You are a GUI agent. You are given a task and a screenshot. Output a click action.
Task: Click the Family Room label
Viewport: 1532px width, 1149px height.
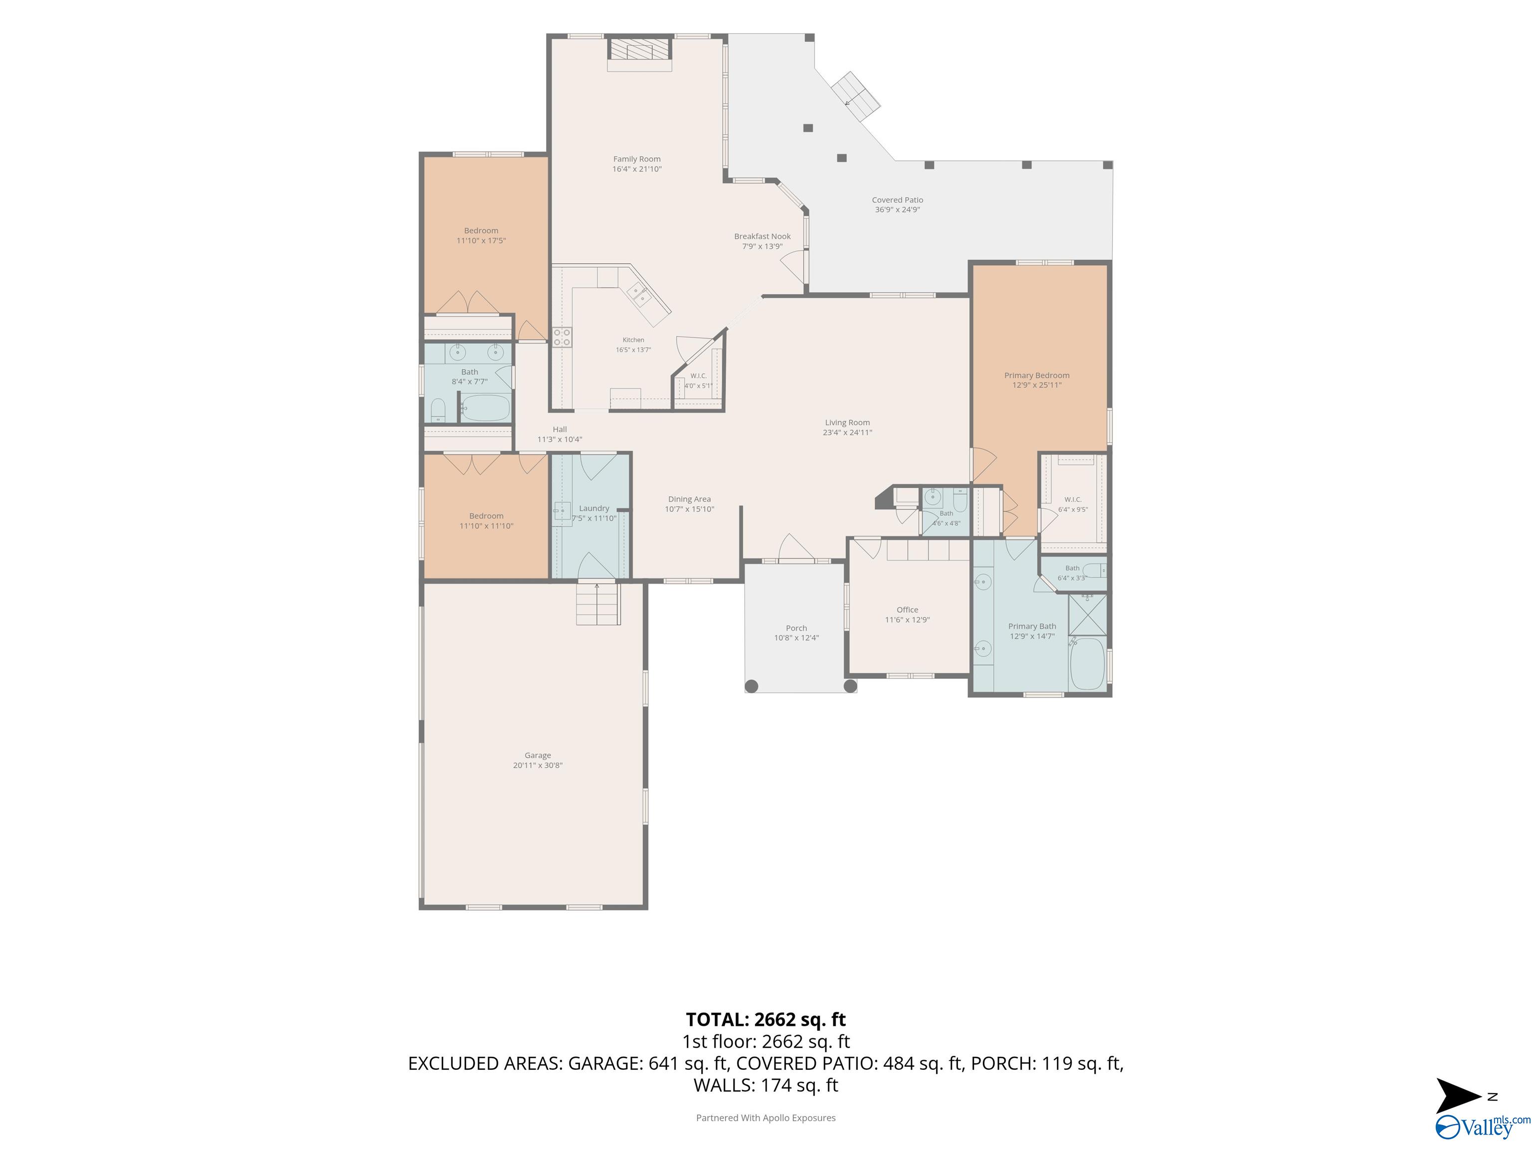coord(636,159)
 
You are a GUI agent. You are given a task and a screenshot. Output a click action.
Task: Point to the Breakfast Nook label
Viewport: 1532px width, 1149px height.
coord(762,236)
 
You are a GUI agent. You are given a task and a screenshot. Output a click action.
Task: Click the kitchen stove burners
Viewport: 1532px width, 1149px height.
coord(562,337)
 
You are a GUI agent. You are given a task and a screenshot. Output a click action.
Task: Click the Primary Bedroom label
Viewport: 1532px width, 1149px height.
coord(1037,376)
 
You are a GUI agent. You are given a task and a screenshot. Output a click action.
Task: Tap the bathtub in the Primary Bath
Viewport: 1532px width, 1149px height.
coord(1088,663)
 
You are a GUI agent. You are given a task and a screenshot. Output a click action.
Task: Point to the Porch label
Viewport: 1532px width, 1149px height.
coord(796,628)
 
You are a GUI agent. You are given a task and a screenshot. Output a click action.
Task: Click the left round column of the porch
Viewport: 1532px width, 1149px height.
coord(752,686)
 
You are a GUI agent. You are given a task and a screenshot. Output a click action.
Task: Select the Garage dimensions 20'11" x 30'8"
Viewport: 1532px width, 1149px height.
coord(538,766)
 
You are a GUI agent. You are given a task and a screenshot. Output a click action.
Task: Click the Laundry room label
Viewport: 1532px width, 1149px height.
coord(594,508)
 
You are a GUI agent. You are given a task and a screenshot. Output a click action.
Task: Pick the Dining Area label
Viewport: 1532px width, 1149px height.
coord(689,499)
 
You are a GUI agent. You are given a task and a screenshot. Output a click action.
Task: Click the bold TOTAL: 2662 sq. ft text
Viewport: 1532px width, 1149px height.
coord(766,1019)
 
